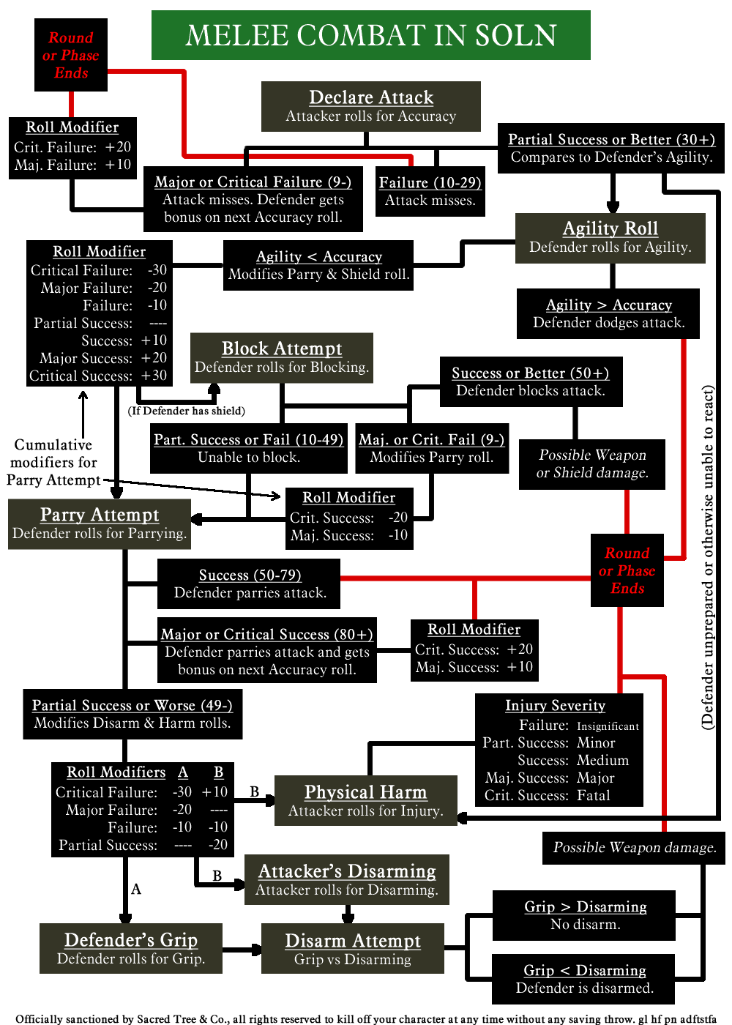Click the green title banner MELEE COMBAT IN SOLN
pos(370,35)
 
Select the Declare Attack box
pos(370,106)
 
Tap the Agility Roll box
pos(610,237)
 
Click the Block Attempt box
pos(282,357)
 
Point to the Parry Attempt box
pos(100,523)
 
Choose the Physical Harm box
pos(365,800)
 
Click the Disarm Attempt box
pos(352,949)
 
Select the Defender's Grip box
pos(131,948)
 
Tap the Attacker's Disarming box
pos(347,879)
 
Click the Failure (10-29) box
pos(430,191)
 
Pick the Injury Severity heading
pos(555,705)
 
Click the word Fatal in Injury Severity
pos(593,796)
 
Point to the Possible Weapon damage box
pos(634,847)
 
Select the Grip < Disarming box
pos(584,979)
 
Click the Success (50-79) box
pos(249,584)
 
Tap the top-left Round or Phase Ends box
pos(71,55)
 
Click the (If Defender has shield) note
pos(187,411)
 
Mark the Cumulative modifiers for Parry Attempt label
pos(53,462)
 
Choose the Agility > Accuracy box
pos(608,313)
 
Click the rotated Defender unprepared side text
pos(707,556)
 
